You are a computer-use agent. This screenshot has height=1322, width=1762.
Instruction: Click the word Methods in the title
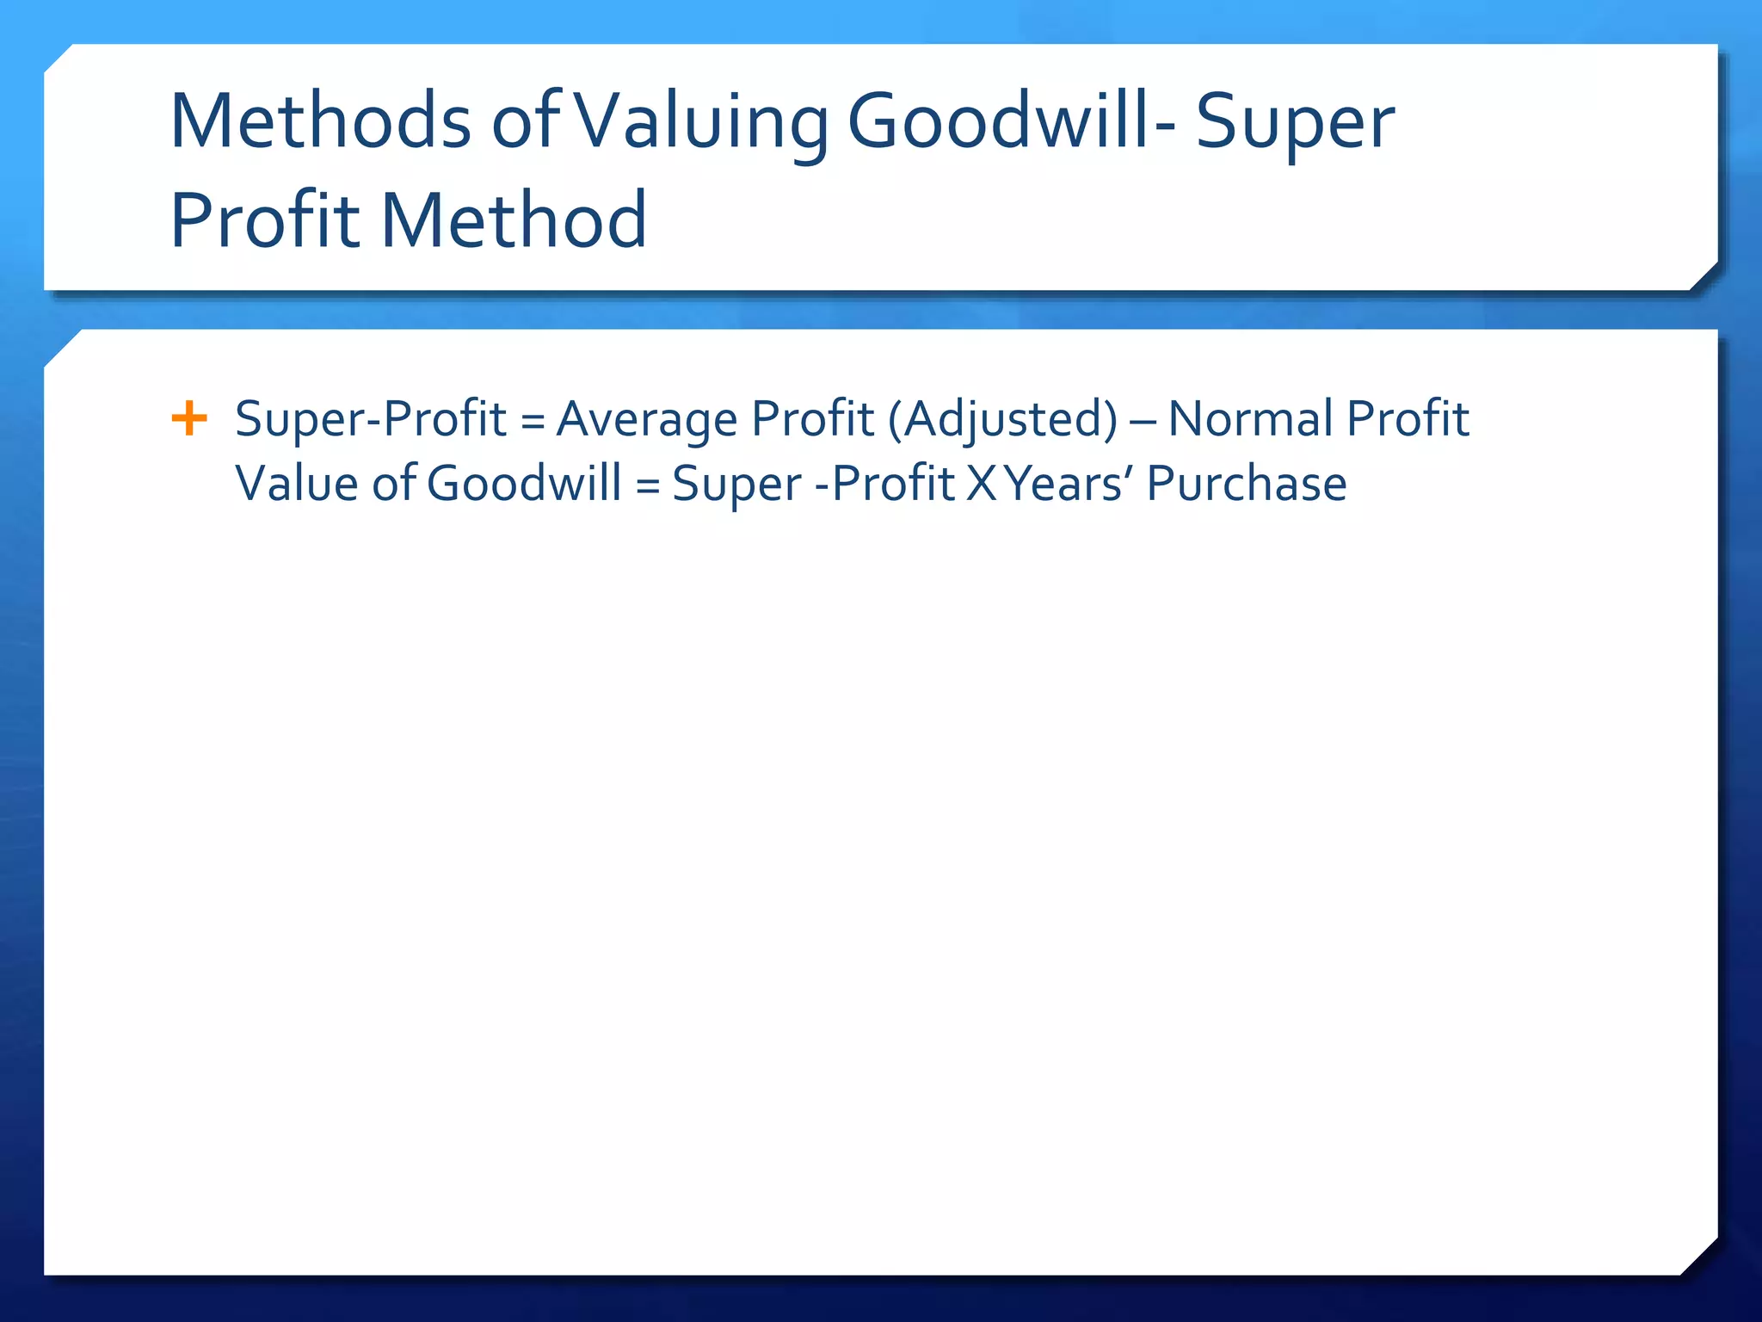click(x=320, y=121)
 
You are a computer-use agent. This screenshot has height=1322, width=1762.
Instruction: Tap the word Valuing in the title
click(x=701, y=121)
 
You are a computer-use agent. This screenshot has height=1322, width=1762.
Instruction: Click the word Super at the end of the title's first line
click(x=1295, y=121)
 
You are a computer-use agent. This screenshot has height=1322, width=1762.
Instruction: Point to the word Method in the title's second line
click(x=514, y=220)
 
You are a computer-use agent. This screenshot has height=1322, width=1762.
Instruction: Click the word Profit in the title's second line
click(x=265, y=220)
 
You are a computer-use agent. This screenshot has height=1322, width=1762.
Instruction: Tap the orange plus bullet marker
click(x=189, y=419)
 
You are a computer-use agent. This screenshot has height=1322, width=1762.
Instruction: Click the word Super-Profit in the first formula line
click(x=371, y=419)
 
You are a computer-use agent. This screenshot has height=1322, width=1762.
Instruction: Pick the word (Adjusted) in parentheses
click(x=1002, y=419)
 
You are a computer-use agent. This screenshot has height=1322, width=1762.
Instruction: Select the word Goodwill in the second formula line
click(x=524, y=484)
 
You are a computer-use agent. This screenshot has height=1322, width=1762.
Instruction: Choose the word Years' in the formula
click(x=1069, y=484)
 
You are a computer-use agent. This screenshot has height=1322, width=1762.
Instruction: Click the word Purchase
click(x=1247, y=484)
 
